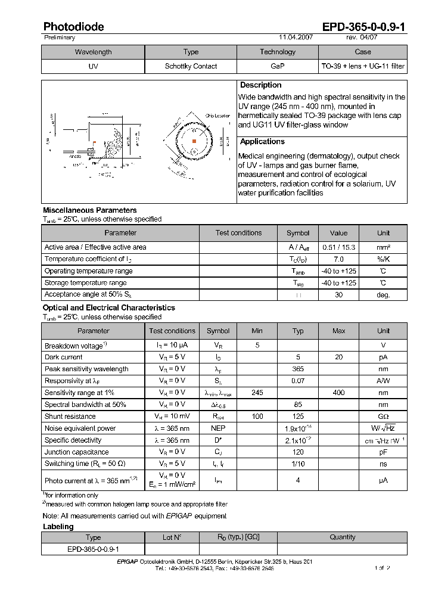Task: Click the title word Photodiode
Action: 73,27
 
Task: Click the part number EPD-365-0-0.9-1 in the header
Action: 364,27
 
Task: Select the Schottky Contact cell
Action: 191,66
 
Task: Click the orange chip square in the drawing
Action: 194,141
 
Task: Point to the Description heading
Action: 260,85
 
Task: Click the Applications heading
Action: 262,142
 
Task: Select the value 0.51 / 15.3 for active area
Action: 338,247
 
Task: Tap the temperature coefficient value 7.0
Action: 338,259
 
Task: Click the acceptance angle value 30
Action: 338,295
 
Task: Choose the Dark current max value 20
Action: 338,357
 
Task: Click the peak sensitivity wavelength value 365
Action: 298,369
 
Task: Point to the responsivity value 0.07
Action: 298,381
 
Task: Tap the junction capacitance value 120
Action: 298,452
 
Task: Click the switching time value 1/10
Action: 298,464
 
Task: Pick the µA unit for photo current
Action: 383,480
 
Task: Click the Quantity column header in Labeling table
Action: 343,537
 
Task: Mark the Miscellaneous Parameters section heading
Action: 89,210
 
